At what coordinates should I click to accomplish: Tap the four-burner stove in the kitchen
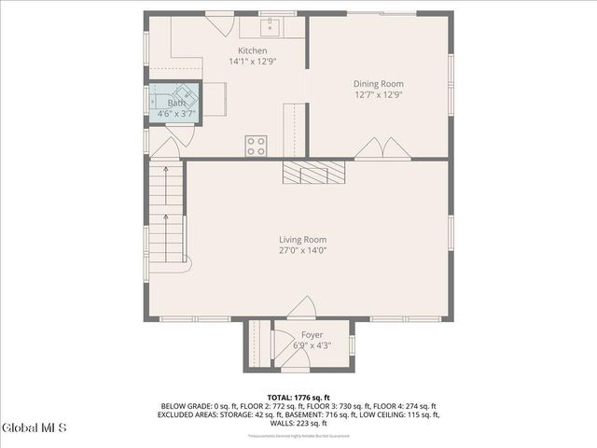[x=256, y=146]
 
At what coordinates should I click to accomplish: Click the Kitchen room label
[x=252, y=50]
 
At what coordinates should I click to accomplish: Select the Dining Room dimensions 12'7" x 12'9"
[x=378, y=94]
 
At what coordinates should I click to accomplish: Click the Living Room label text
[x=301, y=239]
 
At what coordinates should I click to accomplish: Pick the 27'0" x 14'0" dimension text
[x=301, y=250]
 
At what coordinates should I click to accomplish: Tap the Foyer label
[x=312, y=335]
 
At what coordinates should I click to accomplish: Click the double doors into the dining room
[x=381, y=150]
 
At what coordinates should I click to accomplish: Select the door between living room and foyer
[x=300, y=308]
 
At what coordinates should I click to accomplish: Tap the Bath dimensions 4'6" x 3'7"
[x=175, y=114]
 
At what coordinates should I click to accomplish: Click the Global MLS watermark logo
[x=35, y=428]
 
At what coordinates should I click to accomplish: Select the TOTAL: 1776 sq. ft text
[x=299, y=397]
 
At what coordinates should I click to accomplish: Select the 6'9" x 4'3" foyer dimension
[x=312, y=345]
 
